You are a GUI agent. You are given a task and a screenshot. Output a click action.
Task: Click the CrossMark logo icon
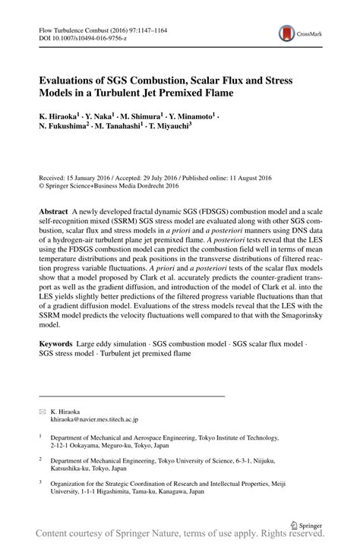coord(287,33)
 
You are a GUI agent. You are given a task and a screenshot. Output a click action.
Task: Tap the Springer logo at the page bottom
coord(306,524)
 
